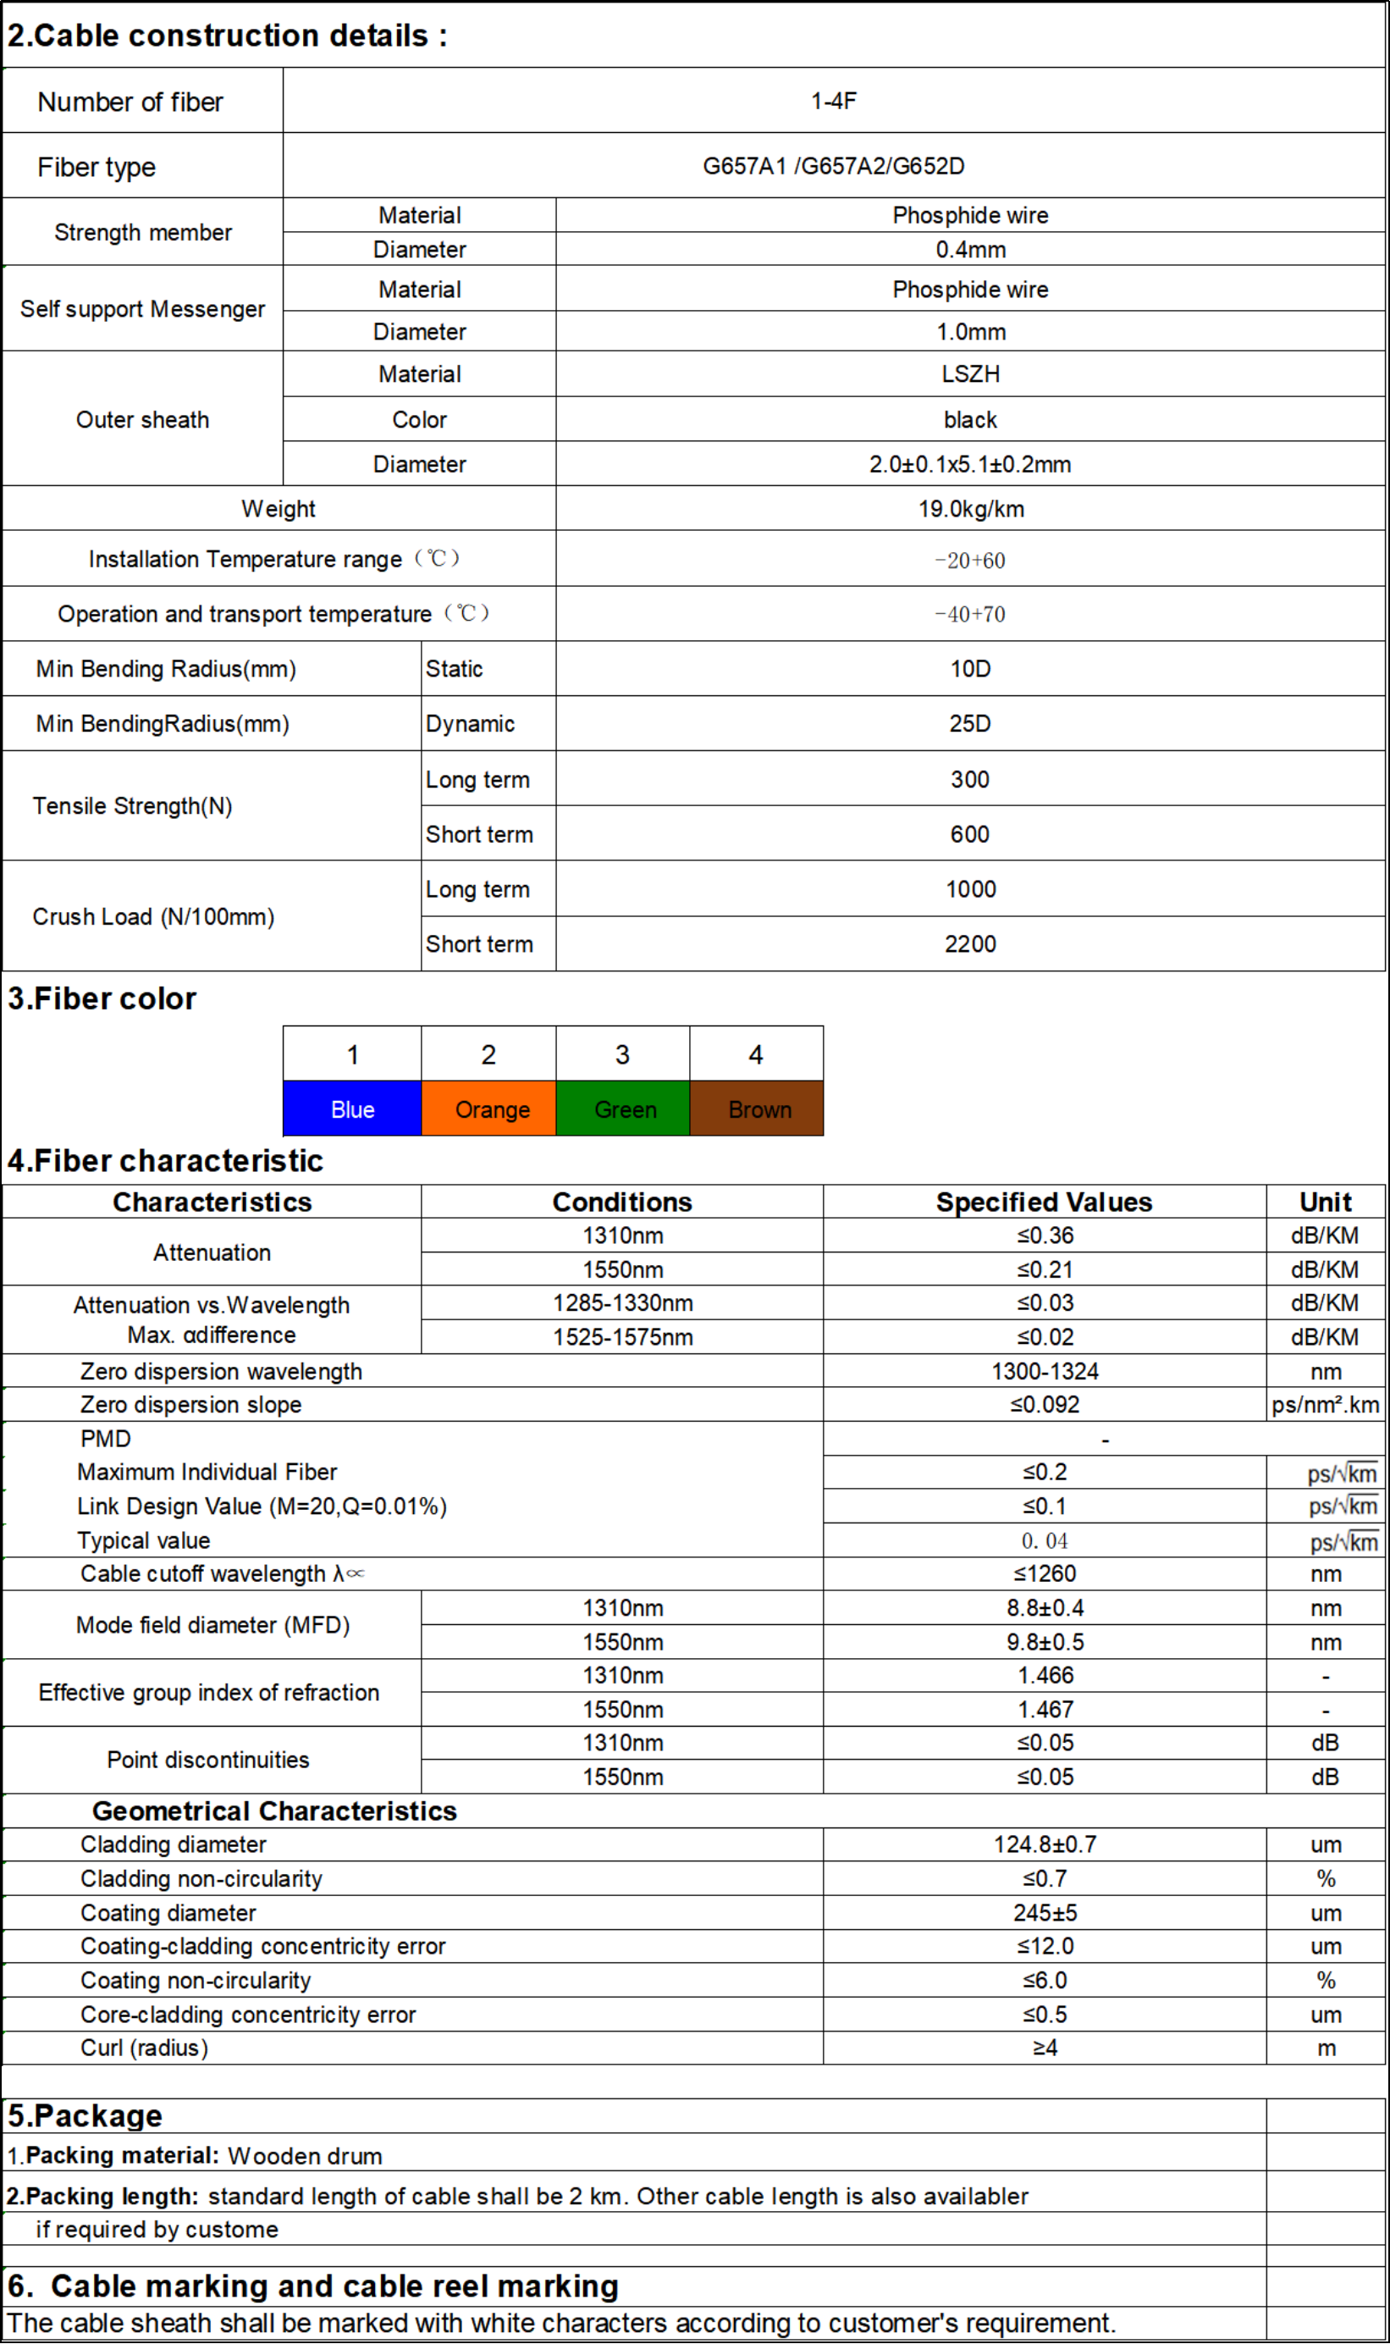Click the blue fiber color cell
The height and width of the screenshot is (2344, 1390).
tap(352, 1109)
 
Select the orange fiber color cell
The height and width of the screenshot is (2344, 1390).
tap(489, 1109)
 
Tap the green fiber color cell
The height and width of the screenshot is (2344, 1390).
tap(623, 1109)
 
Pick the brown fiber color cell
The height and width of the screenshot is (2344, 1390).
tap(757, 1109)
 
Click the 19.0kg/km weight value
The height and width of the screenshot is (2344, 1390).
tap(970, 509)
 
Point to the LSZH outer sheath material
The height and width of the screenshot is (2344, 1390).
tap(970, 373)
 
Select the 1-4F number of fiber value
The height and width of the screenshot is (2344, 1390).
tap(833, 101)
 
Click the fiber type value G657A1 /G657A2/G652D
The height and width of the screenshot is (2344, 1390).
tap(833, 166)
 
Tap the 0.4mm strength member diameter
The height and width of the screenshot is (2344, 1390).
tap(970, 249)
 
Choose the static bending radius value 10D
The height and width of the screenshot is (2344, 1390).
tap(970, 669)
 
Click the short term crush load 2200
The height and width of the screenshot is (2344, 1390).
tap(970, 943)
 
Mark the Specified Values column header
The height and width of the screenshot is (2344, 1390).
tap(1044, 1202)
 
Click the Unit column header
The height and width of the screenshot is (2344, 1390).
tap(1325, 1202)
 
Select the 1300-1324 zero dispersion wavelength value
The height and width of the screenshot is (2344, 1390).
tap(1045, 1372)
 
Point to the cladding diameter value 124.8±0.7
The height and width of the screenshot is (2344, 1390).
tap(1045, 1844)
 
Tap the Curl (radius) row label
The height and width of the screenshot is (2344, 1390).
tap(144, 2048)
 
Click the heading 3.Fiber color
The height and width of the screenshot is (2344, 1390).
tap(102, 998)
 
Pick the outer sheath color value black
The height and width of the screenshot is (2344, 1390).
tap(970, 420)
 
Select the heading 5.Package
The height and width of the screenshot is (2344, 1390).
tap(85, 2116)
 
